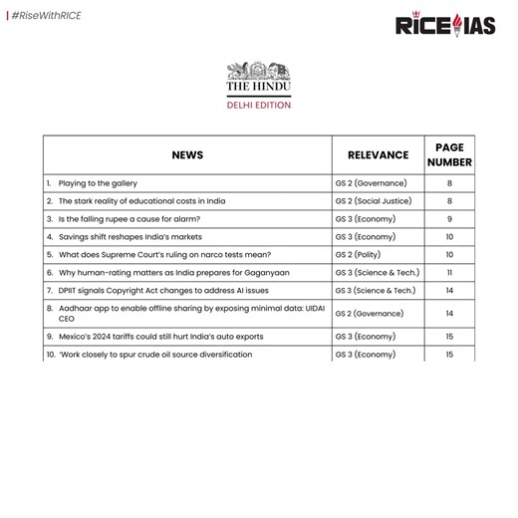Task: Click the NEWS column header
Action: pos(187,155)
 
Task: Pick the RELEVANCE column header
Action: pos(378,155)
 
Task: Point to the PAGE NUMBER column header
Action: pos(449,155)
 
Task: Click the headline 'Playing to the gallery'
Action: pos(98,184)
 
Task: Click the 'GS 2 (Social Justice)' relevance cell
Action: pos(375,201)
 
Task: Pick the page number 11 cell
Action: pos(449,272)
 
